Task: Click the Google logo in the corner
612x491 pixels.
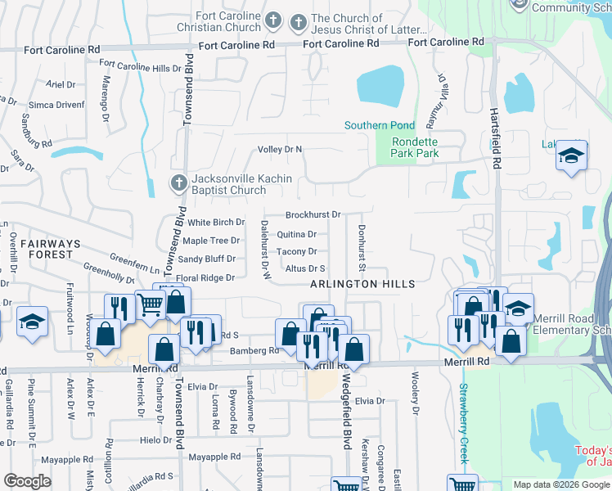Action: coord(27,481)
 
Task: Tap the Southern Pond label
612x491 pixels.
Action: coord(379,125)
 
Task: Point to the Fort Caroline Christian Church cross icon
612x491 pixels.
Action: coord(274,20)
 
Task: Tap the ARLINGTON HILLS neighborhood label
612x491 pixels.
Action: coord(362,284)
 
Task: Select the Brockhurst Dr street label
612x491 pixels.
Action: coord(313,215)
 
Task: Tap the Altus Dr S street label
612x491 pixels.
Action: coord(305,268)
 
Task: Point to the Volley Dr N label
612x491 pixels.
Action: coord(280,149)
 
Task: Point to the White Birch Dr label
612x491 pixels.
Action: coord(216,222)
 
